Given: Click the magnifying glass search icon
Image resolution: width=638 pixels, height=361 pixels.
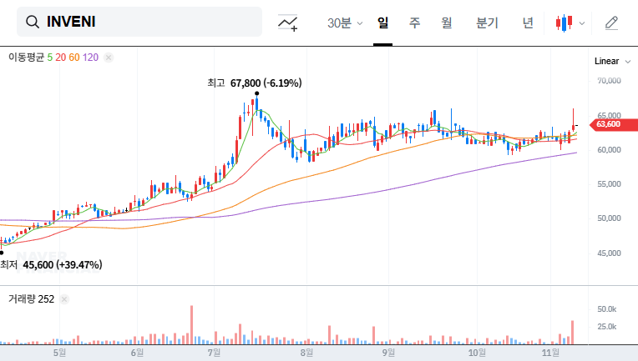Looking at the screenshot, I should tap(33, 22).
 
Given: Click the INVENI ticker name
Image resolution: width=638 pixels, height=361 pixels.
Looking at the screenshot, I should tap(72, 22).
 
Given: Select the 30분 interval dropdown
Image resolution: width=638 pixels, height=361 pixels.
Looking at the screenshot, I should tap(344, 23).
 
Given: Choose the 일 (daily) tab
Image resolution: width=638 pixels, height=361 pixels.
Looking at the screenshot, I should tap(383, 23).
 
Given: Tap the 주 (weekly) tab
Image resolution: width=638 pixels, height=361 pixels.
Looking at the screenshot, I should tap(414, 23).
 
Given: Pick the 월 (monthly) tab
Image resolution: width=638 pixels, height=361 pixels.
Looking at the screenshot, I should tap(446, 23).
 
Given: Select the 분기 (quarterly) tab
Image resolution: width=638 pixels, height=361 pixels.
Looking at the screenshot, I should tap(487, 23).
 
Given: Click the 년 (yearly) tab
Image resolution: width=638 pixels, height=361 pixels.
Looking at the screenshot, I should tap(528, 23).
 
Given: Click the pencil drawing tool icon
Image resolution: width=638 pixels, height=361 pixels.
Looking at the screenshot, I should tap(611, 23).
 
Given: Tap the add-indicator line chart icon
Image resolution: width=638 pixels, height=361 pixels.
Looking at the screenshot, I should tap(288, 23).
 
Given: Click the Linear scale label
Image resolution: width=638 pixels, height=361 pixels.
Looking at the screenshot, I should tap(606, 61).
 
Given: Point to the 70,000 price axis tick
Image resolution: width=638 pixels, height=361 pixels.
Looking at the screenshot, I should tap(610, 81).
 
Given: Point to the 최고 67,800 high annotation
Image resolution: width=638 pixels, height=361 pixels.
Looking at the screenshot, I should tap(254, 83).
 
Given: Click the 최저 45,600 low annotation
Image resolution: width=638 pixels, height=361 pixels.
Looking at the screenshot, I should tap(51, 264).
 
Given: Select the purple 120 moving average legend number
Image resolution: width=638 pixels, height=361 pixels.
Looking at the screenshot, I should tap(91, 57).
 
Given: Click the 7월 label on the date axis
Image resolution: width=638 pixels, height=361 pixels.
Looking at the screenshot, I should tap(215, 352).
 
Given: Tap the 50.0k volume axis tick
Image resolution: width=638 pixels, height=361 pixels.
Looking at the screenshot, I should tap(607, 309).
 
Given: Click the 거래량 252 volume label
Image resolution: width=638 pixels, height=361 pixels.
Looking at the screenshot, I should tap(31, 298).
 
